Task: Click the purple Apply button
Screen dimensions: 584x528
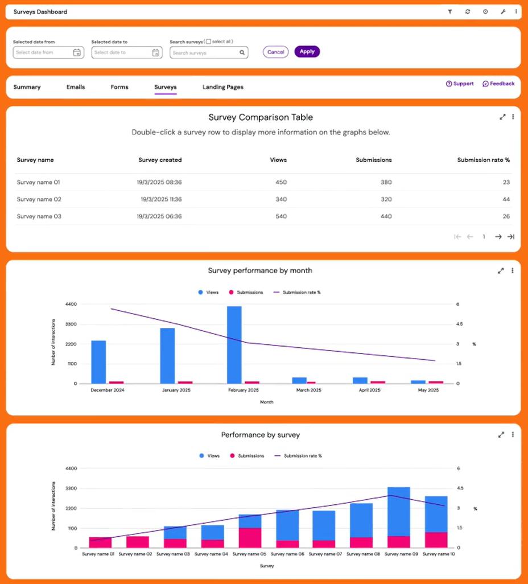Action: coord(307,52)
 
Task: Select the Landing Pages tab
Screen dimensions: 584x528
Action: coord(223,87)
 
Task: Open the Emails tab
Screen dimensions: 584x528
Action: coord(76,87)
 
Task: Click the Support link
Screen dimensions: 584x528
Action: coord(460,84)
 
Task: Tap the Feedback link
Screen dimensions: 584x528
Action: coord(498,84)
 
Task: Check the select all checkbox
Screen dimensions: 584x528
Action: coord(208,42)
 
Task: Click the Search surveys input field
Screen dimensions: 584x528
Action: coord(206,53)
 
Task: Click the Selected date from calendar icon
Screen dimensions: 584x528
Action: coord(77,52)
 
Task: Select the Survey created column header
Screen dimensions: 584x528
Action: coord(160,160)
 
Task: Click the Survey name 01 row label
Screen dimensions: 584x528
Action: coord(38,182)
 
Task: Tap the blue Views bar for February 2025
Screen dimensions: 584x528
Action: coord(234,344)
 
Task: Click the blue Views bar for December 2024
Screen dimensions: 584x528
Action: coord(98,361)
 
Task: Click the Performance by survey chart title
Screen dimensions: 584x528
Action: coord(261,435)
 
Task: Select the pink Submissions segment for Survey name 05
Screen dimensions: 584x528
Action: coord(250,537)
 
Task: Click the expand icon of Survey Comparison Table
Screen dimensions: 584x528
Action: coord(502,117)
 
